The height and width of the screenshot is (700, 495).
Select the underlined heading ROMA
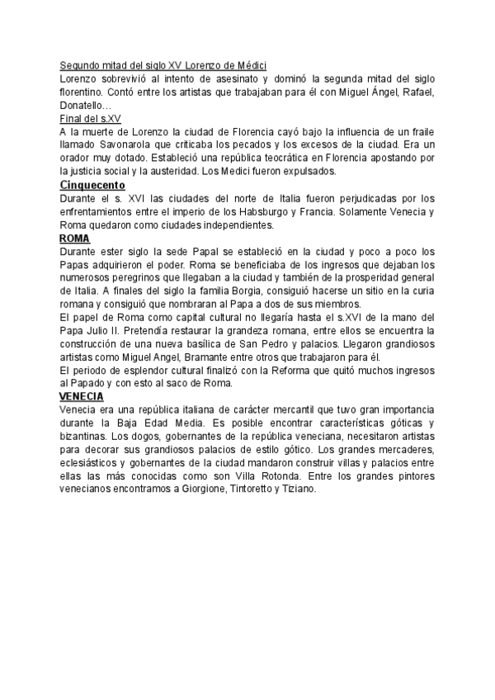(x=75, y=239)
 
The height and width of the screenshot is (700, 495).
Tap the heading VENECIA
(x=81, y=397)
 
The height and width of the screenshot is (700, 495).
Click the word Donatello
(x=82, y=106)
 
